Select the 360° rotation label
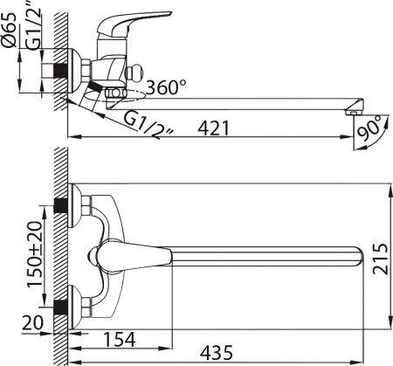(x=167, y=88)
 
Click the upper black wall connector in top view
(x=61, y=207)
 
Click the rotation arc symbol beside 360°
(x=131, y=92)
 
